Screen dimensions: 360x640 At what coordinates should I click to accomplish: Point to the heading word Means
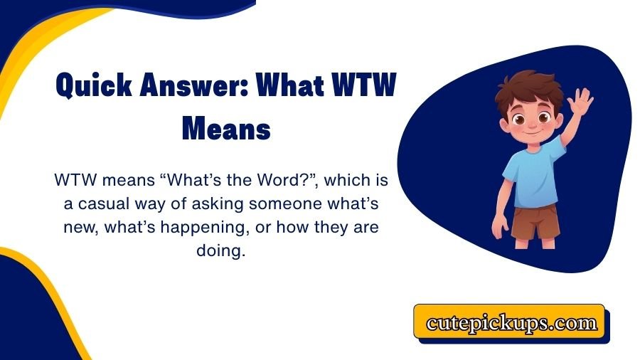pos(226,131)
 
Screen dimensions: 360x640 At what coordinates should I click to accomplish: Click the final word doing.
pos(225,252)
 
